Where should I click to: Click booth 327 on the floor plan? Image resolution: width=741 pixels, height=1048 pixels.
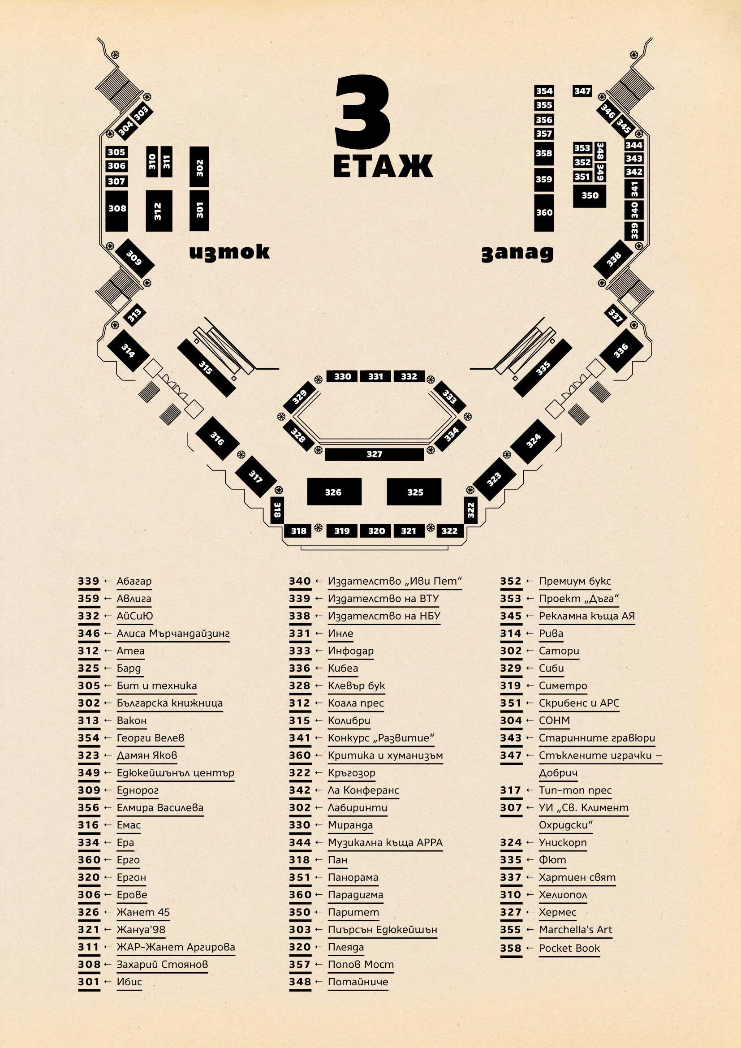pyautogui.click(x=374, y=454)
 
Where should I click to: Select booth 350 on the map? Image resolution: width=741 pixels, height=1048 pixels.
pyautogui.click(x=590, y=196)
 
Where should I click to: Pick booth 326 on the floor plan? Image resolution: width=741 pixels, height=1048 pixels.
pyautogui.click(x=334, y=492)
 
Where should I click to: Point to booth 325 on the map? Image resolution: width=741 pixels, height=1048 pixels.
pyautogui.click(x=414, y=492)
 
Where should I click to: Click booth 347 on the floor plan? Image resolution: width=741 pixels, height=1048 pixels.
pyautogui.click(x=582, y=91)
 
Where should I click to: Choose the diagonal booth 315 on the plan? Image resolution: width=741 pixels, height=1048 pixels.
pyautogui.click(x=206, y=367)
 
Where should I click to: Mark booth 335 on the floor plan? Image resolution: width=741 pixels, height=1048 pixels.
pyautogui.click(x=543, y=368)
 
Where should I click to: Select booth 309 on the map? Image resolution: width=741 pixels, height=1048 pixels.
pyautogui.click(x=134, y=258)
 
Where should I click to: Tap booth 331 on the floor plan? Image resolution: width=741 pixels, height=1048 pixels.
pyautogui.click(x=375, y=376)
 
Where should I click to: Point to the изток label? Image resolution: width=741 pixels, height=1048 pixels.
pyautogui.click(x=229, y=252)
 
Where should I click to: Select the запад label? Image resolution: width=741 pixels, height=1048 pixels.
pyautogui.click(x=517, y=253)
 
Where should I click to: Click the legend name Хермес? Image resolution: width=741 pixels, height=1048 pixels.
pyautogui.click(x=557, y=912)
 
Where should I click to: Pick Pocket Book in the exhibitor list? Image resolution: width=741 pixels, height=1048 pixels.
pyautogui.click(x=569, y=948)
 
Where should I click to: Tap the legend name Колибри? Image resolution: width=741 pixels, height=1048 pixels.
pyautogui.click(x=349, y=721)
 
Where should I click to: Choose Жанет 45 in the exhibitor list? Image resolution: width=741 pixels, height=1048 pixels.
pyautogui.click(x=143, y=912)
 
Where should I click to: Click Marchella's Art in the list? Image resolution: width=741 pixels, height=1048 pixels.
pyautogui.click(x=575, y=930)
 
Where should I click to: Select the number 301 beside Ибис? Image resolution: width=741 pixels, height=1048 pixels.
pyautogui.click(x=89, y=982)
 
